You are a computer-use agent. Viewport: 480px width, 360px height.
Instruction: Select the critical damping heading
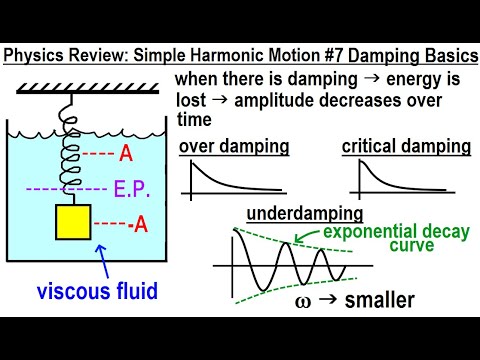[406, 147]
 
